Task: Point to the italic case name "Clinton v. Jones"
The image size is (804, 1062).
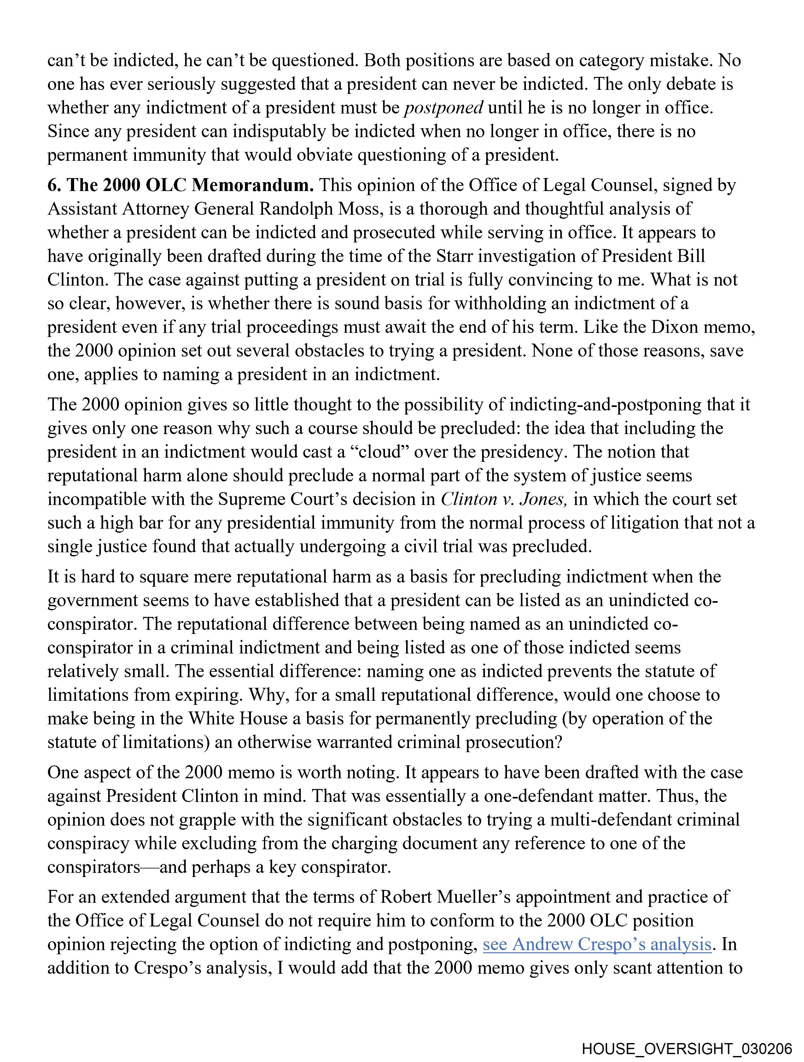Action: [504, 499]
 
